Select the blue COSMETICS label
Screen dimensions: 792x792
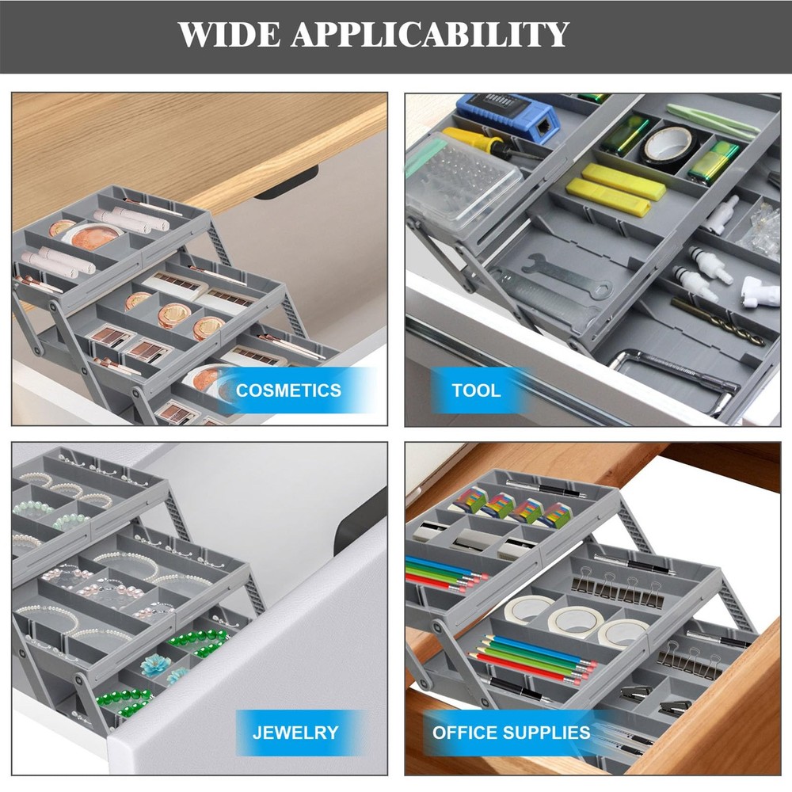pos(288,390)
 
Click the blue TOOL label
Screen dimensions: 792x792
pos(476,390)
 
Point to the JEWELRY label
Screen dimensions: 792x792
pos(295,733)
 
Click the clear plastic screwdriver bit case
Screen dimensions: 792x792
pos(464,178)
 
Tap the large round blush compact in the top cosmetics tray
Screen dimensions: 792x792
pos(93,234)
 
